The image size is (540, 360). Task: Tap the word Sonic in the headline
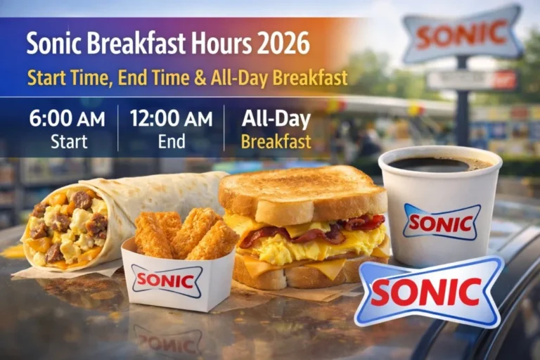(54, 44)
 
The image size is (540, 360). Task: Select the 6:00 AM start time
(67, 118)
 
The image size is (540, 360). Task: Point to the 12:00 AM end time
(171, 118)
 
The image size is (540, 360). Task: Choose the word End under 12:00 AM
(171, 141)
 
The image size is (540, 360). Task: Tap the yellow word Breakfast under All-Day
(276, 141)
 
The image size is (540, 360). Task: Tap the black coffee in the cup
(439, 164)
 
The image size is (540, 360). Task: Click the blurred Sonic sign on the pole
(462, 33)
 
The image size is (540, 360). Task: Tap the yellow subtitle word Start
(46, 78)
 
